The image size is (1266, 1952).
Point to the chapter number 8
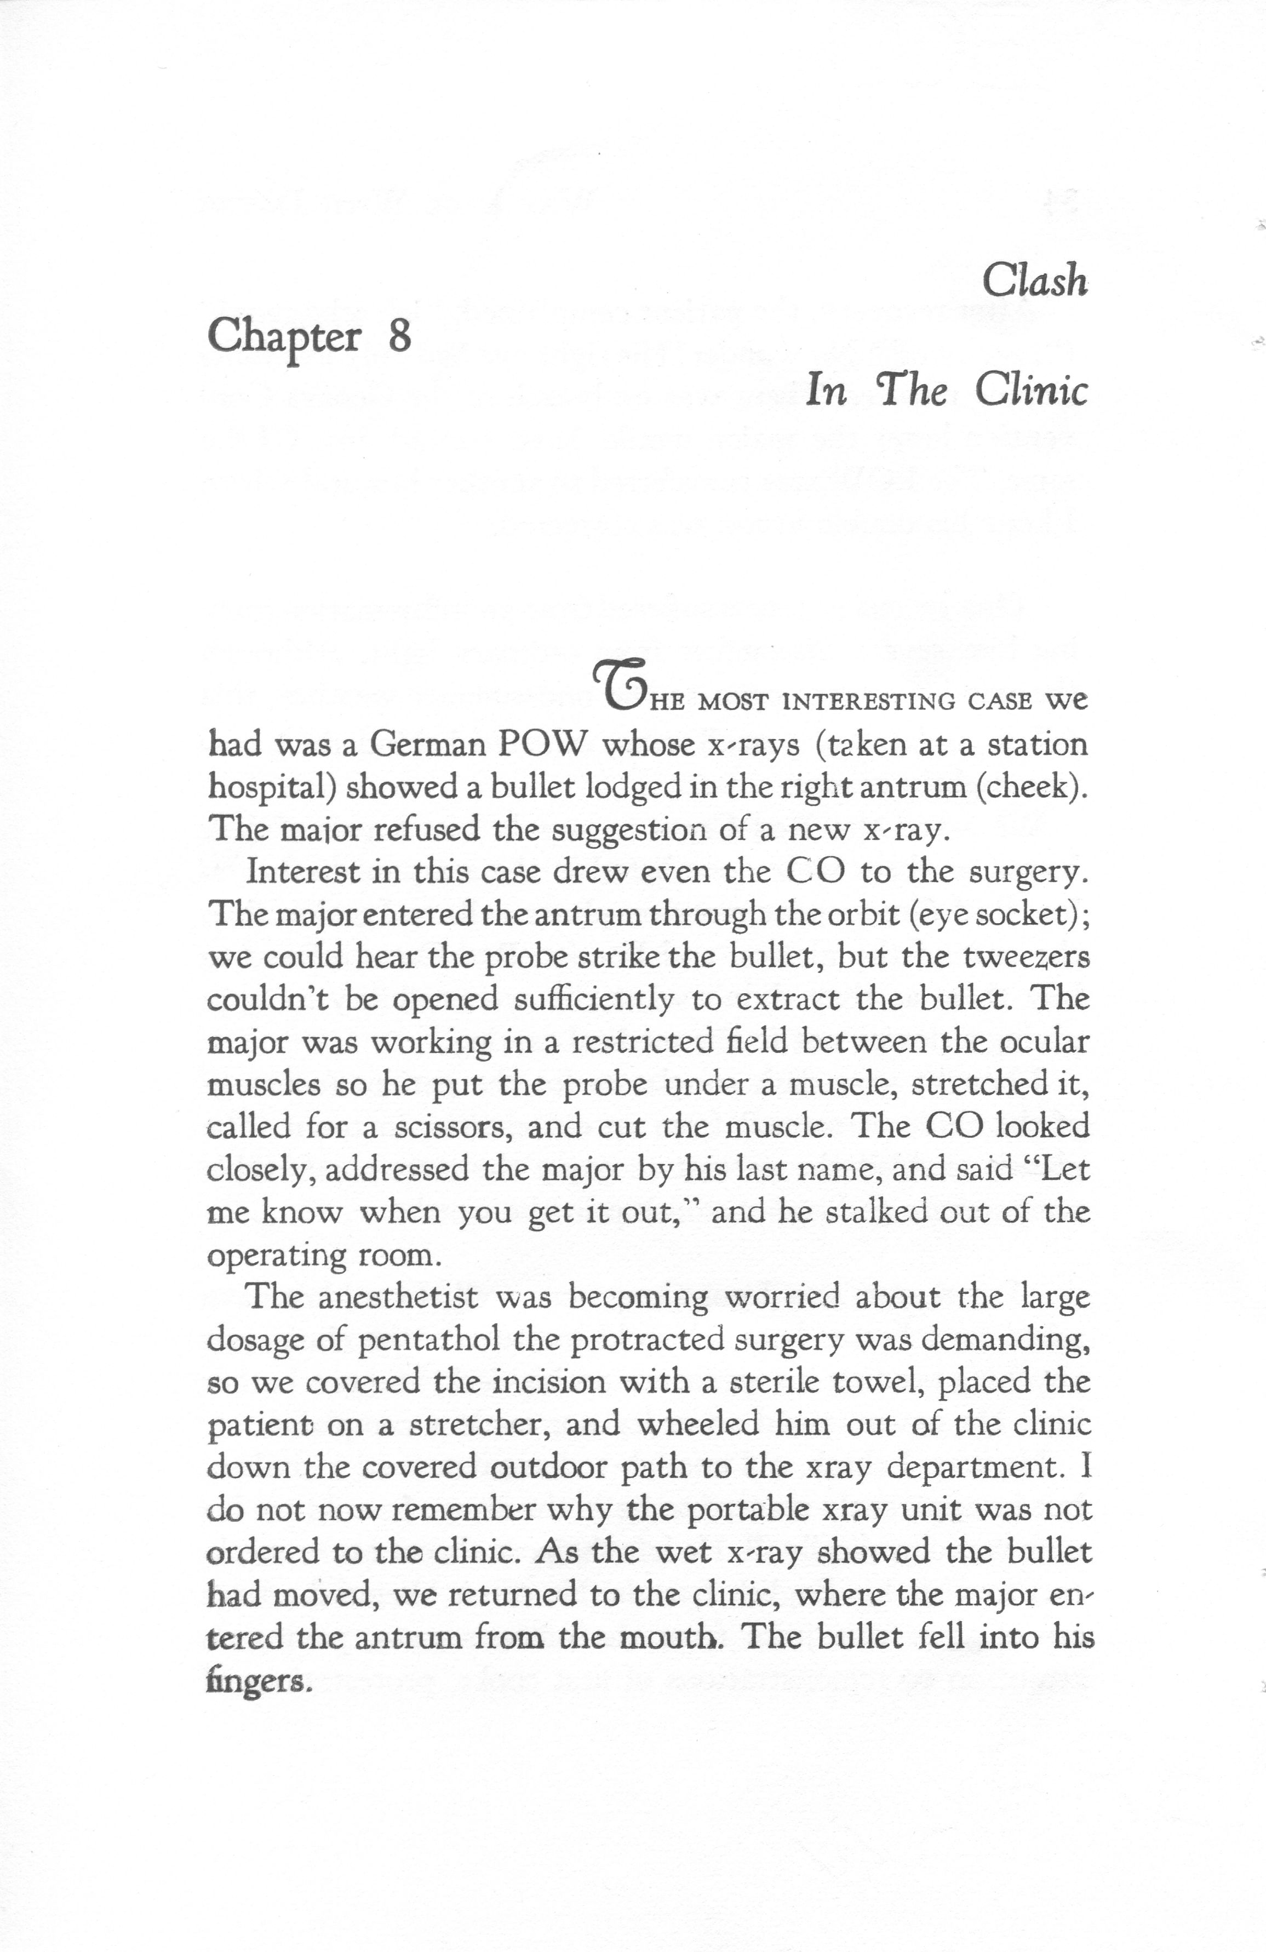pos(399,336)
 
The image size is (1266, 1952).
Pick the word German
pos(426,745)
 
